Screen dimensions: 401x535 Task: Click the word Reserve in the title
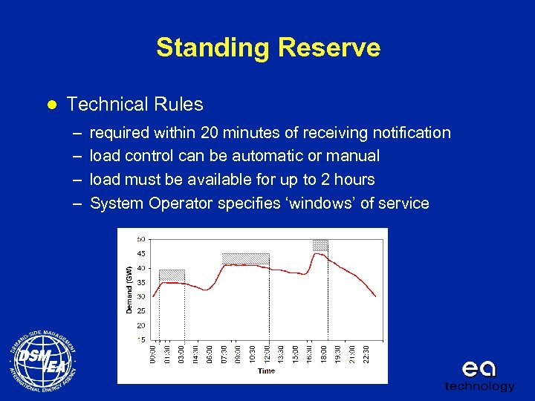click(329, 48)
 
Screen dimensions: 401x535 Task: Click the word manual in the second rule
click(354, 156)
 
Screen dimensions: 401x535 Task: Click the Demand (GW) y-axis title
click(129, 289)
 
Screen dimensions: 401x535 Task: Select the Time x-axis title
click(266, 371)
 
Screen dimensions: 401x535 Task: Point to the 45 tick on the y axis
click(141, 253)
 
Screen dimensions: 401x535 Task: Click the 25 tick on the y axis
click(141, 311)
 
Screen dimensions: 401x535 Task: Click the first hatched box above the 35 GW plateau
click(172, 275)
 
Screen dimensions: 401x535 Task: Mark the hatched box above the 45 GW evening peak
click(320, 245)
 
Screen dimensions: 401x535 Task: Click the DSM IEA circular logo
click(43, 363)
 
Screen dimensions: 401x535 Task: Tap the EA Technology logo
click(479, 375)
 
